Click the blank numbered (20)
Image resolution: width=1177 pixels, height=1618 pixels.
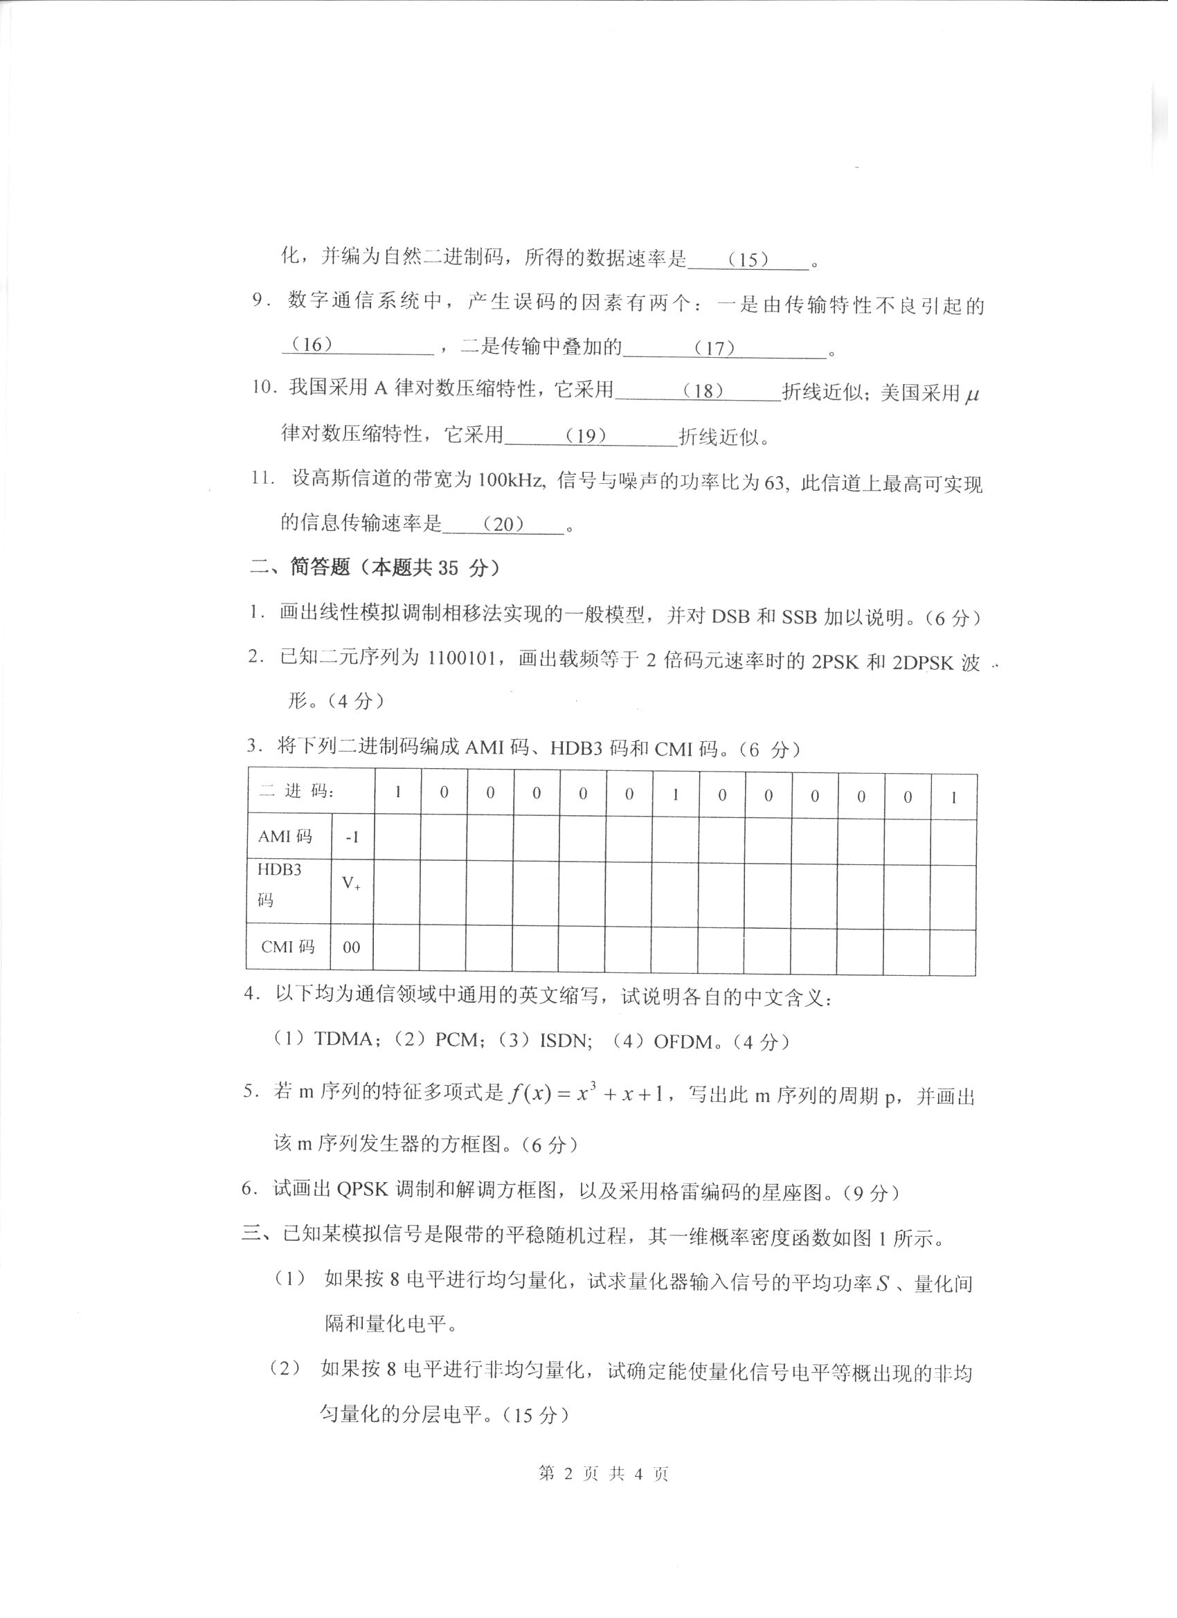pos(504,525)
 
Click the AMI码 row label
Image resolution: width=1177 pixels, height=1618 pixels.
pos(286,836)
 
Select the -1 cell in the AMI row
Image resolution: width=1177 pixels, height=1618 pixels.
pos(352,837)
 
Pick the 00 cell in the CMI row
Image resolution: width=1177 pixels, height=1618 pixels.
pos(351,947)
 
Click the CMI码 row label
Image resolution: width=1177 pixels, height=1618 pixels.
pos(287,947)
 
